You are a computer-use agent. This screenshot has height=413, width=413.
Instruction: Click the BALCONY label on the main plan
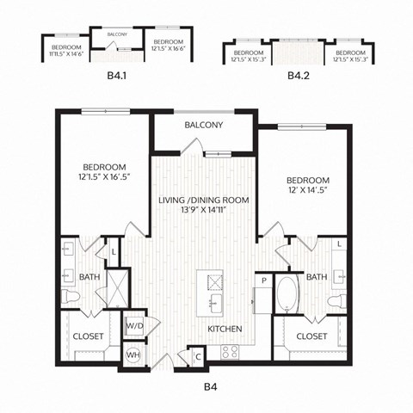[x=204, y=125]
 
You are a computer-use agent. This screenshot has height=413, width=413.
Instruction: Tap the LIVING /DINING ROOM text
[x=204, y=200]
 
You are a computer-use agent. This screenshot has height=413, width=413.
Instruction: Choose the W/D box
[x=134, y=326]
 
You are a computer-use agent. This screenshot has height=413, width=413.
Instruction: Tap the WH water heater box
[x=133, y=354]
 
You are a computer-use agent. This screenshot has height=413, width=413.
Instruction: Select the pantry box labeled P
[x=263, y=281]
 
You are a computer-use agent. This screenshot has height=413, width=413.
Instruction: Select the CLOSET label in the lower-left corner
[x=88, y=337]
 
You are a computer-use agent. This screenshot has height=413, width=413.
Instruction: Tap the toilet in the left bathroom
[x=73, y=296]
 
